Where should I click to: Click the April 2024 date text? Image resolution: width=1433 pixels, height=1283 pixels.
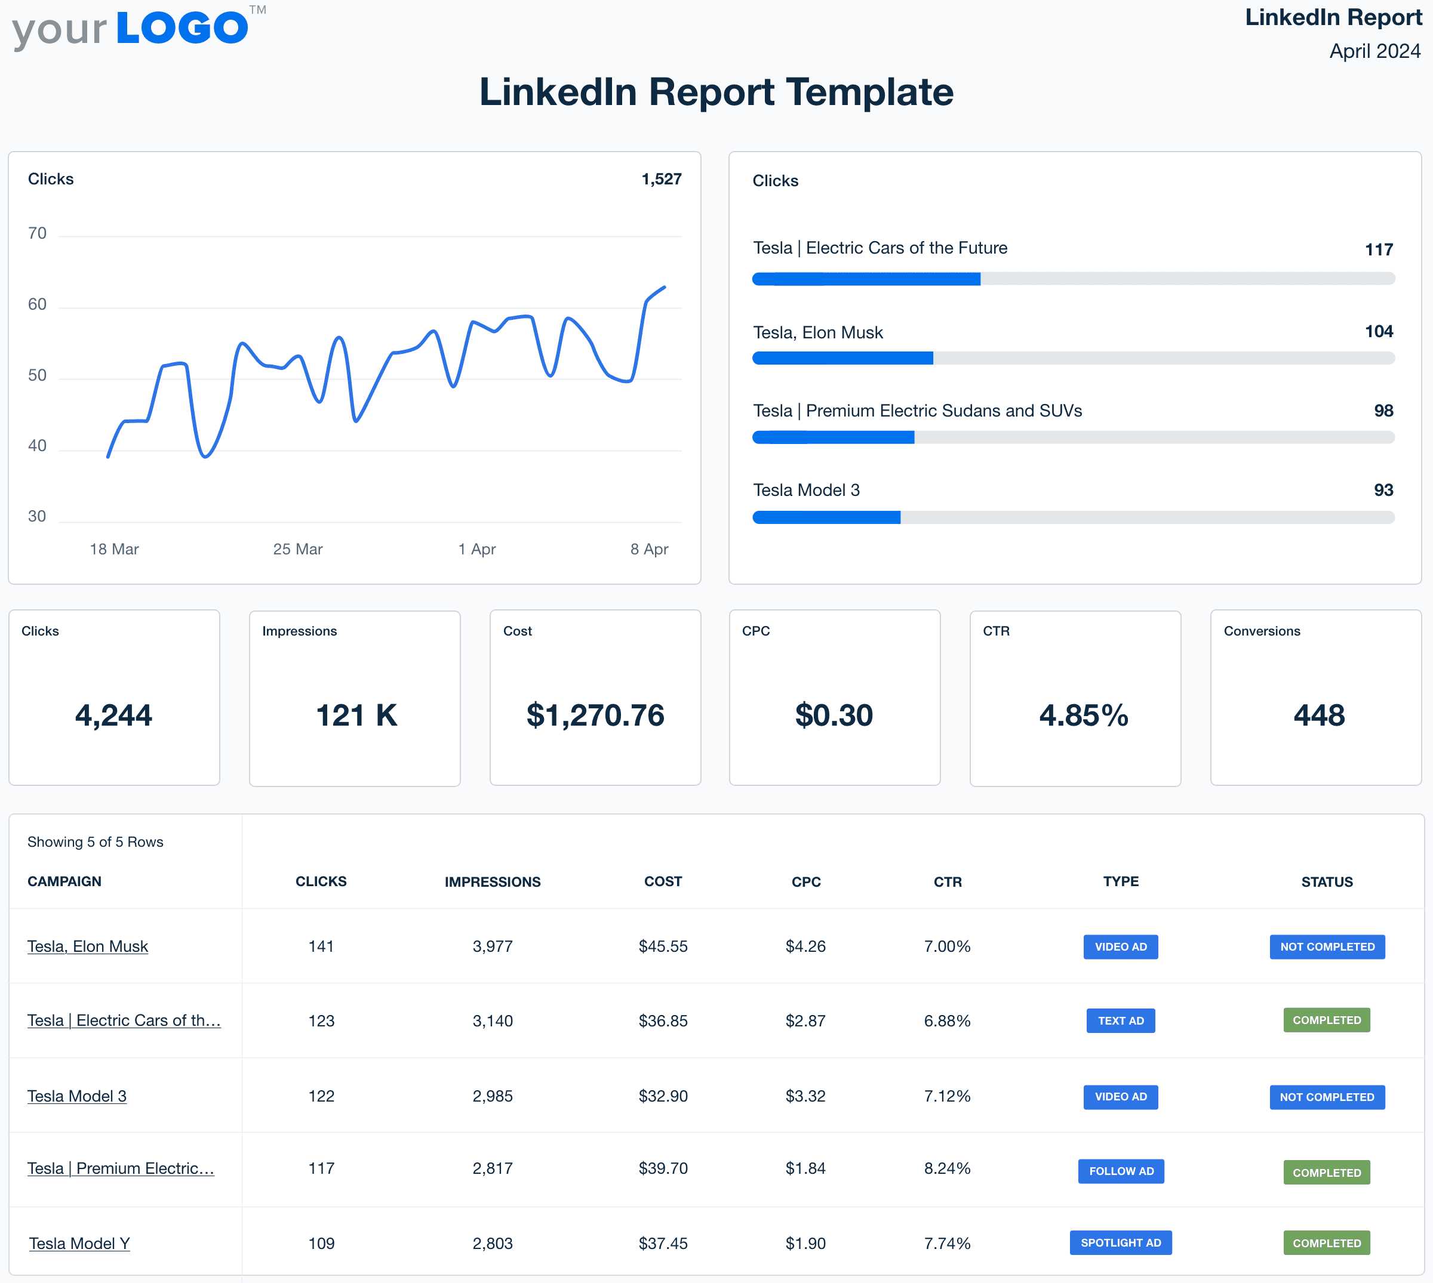(x=1374, y=51)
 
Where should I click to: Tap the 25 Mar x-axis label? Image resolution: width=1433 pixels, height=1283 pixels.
(x=297, y=549)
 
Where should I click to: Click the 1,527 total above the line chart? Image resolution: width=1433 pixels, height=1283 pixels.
(x=661, y=179)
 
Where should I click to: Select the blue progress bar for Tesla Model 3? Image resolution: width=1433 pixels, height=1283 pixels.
(x=826, y=518)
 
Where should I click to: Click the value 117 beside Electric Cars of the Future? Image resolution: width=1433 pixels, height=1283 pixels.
(x=1378, y=249)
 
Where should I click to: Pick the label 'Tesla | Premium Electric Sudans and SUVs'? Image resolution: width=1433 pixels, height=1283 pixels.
(x=917, y=411)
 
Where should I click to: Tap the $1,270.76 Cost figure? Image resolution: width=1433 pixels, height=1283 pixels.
(x=595, y=715)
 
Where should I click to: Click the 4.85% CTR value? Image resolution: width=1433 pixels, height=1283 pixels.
(x=1083, y=715)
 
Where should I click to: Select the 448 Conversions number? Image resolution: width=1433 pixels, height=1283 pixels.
(x=1318, y=715)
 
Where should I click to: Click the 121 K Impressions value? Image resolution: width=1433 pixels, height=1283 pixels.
(x=356, y=715)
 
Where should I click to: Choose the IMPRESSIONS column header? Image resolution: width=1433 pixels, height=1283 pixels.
(x=492, y=882)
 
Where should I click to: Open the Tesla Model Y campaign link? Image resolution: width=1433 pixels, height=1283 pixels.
(x=79, y=1244)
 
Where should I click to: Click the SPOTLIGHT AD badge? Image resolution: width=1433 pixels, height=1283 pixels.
(x=1120, y=1243)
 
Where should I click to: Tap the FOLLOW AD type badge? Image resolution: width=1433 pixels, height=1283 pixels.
(x=1121, y=1171)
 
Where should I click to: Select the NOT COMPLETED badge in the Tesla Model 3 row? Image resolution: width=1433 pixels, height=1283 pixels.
(x=1327, y=1097)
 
